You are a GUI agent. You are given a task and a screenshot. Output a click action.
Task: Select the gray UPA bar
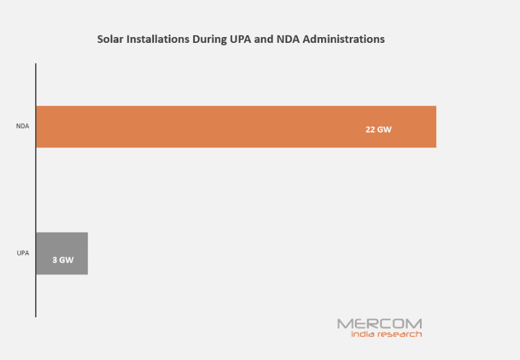(x=62, y=253)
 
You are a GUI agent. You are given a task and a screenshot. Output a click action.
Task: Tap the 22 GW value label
(x=378, y=129)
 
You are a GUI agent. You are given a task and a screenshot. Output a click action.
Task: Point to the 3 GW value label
(x=63, y=260)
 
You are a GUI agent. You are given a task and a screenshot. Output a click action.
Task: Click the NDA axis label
(x=23, y=127)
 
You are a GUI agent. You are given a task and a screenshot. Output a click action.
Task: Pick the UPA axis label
(x=23, y=253)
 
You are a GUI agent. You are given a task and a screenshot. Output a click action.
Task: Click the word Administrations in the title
(x=347, y=40)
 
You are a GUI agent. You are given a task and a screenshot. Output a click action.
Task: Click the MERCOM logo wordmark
(x=380, y=323)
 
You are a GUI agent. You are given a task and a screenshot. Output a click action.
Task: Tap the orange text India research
(x=386, y=334)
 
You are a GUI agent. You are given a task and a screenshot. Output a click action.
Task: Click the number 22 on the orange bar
(x=370, y=129)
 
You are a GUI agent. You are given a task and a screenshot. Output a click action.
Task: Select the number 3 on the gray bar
(x=55, y=260)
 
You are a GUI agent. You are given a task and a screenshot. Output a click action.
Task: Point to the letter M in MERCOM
(x=344, y=323)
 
